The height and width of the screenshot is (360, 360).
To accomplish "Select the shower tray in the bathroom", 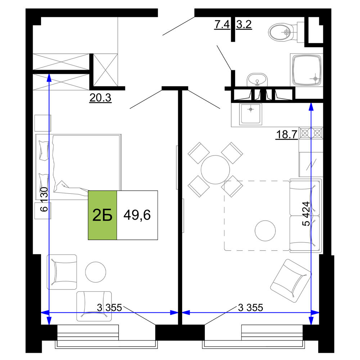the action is [x=306, y=70].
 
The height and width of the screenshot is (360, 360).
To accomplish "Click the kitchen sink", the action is [x=251, y=114].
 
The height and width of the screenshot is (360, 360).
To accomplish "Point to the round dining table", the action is [x=215, y=170].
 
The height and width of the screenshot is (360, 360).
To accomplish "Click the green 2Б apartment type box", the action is [x=102, y=215].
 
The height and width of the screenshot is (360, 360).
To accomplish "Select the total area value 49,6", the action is [x=137, y=215].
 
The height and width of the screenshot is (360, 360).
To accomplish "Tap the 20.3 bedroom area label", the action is [x=100, y=98].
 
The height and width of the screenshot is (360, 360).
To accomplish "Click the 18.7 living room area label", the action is [x=287, y=134].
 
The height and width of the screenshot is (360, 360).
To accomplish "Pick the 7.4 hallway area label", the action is [x=222, y=24].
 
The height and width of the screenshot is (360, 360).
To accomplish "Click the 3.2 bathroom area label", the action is [x=244, y=24].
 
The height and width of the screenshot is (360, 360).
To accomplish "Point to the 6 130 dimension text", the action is [x=44, y=199].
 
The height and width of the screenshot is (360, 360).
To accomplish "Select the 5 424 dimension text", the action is [x=306, y=214].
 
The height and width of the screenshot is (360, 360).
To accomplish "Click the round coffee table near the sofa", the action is [x=265, y=230].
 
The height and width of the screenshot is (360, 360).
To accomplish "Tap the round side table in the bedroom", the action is [x=95, y=272].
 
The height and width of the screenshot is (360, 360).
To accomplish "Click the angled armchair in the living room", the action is [x=291, y=281].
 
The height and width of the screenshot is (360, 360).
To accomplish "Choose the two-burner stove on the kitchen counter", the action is [x=311, y=133].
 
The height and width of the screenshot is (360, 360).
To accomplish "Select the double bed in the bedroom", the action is [x=78, y=167].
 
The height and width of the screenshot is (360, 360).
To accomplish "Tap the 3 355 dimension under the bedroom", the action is [x=109, y=308].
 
